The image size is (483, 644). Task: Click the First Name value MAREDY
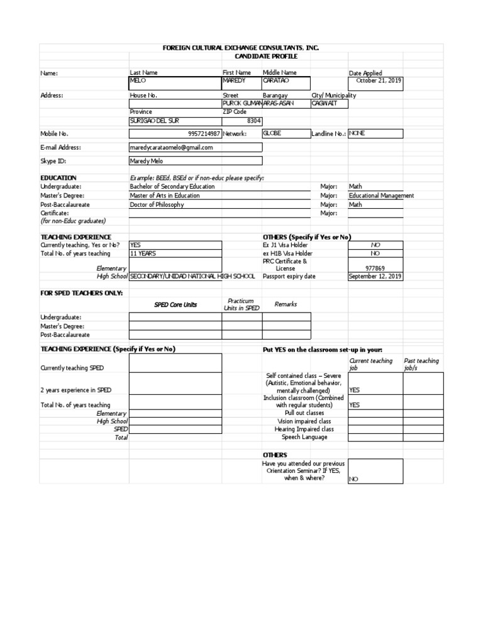click(235, 81)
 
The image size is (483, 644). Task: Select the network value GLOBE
click(272, 134)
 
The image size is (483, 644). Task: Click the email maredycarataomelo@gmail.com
click(171, 147)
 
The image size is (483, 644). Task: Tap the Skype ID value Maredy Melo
click(146, 160)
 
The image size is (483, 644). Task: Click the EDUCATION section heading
click(58, 178)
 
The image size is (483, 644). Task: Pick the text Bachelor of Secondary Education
click(172, 187)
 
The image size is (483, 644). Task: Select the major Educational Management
click(381, 196)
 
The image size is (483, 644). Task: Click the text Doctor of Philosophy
click(157, 204)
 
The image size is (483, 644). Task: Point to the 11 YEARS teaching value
click(143, 253)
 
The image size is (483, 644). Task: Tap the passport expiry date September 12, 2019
click(375, 276)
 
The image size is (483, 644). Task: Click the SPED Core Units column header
click(175, 304)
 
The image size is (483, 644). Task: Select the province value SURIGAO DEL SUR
click(154, 121)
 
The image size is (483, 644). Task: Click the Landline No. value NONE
click(357, 133)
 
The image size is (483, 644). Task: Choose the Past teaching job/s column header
click(421, 365)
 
